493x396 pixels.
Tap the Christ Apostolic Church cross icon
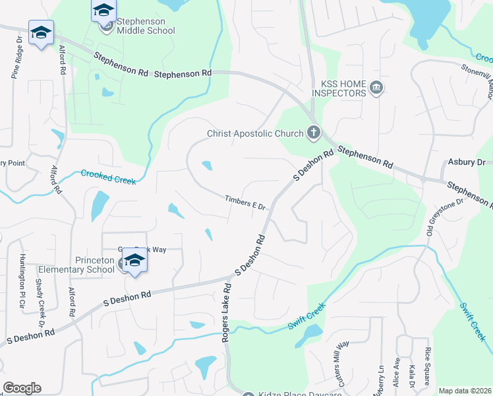tap(312, 133)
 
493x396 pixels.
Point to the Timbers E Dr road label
tap(245, 203)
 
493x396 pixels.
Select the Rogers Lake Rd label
tap(225, 313)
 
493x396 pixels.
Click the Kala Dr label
tap(412, 375)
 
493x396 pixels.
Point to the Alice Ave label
tap(397, 372)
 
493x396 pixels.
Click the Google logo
tap(22, 388)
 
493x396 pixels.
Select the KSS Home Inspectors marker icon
tap(376, 88)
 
